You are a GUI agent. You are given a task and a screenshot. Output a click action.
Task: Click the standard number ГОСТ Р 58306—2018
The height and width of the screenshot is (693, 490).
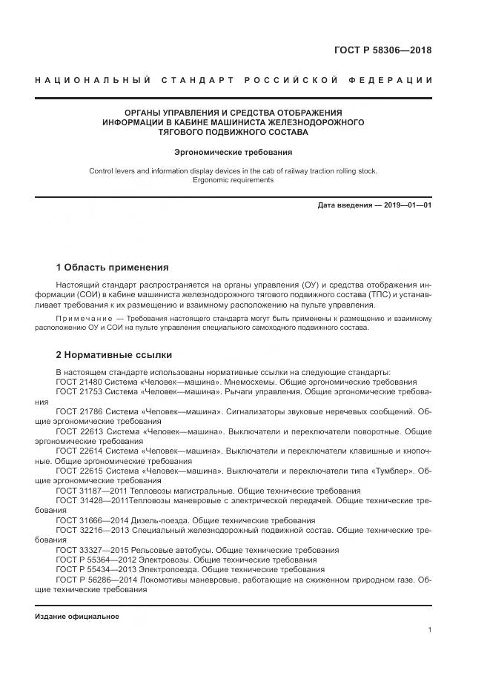[x=384, y=50]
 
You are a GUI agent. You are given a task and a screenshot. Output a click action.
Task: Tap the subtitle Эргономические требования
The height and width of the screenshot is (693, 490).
[x=233, y=152]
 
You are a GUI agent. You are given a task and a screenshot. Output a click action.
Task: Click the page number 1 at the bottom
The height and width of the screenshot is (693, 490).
[x=429, y=629]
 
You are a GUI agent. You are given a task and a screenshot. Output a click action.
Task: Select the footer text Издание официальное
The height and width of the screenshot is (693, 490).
[x=76, y=616]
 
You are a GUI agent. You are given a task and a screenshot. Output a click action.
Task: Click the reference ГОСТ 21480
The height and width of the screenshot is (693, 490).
[x=79, y=381]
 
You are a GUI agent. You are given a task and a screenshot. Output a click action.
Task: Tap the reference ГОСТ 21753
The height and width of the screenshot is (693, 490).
[x=79, y=391]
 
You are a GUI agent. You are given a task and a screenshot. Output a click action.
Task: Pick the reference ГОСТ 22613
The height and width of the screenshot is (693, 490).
[x=79, y=431]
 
